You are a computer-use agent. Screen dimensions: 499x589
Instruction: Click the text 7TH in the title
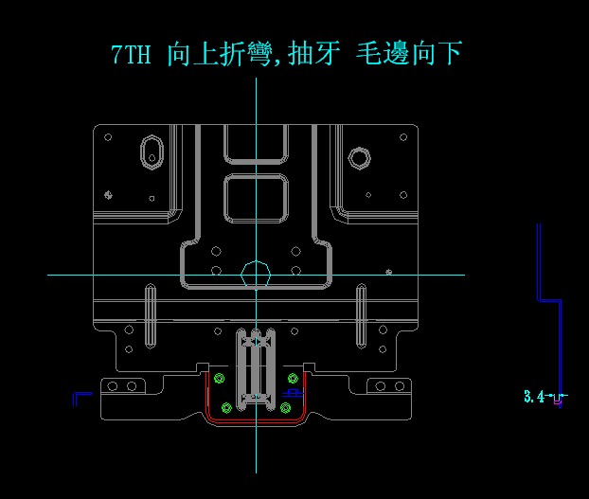coord(131,55)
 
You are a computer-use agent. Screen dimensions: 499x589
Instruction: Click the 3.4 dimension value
coord(534,397)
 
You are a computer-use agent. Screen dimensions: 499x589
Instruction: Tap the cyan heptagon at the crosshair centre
coord(256,275)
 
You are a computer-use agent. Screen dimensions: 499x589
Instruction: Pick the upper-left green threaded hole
coord(220,380)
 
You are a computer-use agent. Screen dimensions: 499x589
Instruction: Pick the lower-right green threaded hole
coord(285,408)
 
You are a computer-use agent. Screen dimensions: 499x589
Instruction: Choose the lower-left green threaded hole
coord(225,408)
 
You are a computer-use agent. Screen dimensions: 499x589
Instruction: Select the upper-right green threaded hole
coord(292,380)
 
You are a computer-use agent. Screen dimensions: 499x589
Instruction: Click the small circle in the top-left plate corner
coord(108,137)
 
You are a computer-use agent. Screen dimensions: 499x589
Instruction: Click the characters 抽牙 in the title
coord(310,55)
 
